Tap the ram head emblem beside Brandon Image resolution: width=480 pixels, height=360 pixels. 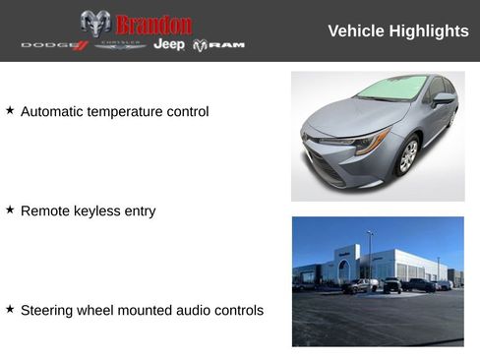[95, 24]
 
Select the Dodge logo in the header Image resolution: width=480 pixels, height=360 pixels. [54, 45]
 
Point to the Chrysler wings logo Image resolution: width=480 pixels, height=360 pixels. [120, 45]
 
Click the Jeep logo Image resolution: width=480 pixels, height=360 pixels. [169, 44]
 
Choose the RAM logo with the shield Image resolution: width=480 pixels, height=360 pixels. [218, 45]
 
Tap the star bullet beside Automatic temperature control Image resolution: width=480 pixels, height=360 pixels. [10, 110]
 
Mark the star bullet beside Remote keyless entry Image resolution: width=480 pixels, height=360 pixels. [10, 210]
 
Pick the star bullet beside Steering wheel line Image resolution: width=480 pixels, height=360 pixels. [10, 309]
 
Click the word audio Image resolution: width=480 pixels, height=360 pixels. [193, 311]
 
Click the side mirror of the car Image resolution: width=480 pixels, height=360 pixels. [445, 98]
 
